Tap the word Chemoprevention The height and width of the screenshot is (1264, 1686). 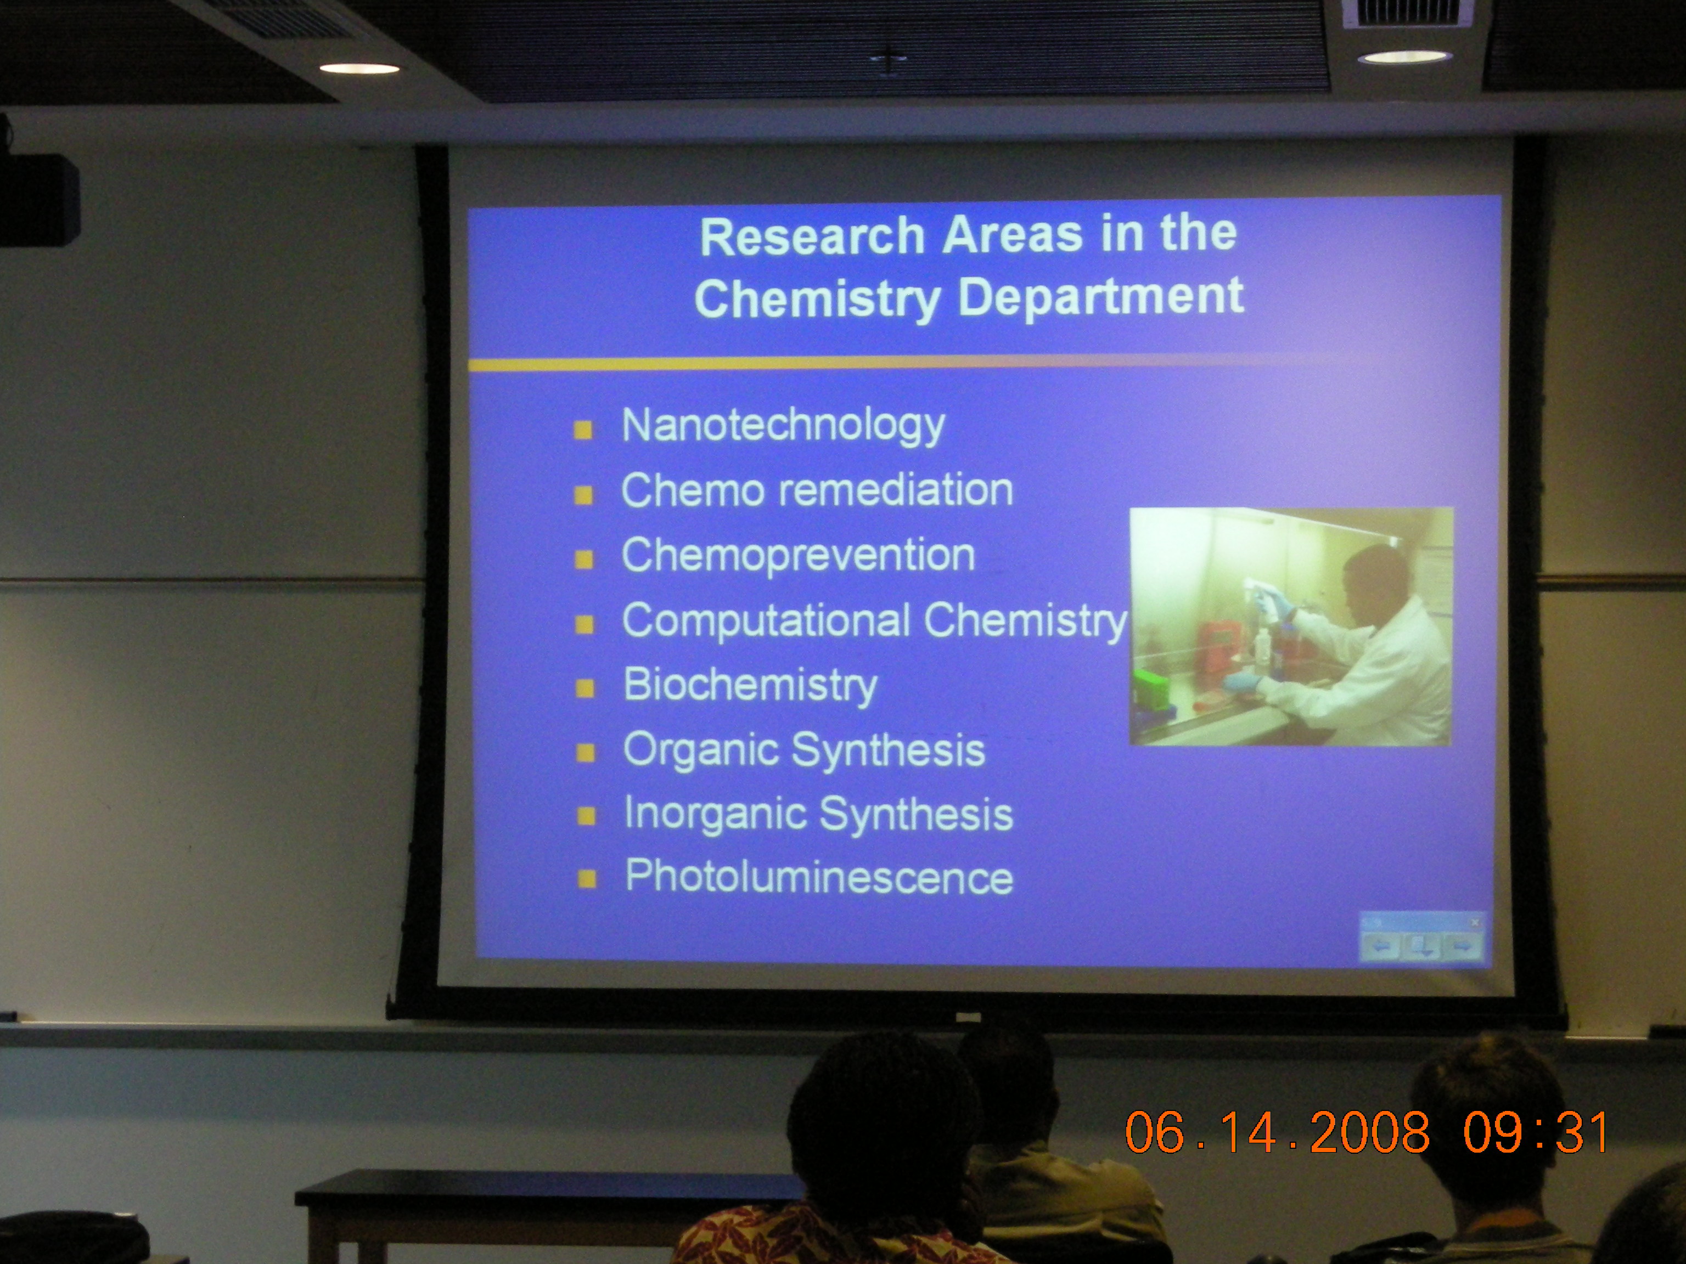[x=798, y=555]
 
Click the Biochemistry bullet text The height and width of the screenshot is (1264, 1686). [x=750, y=686]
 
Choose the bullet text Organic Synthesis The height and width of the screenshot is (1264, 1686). [x=804, y=751]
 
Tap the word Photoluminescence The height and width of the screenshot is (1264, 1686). [x=819, y=876]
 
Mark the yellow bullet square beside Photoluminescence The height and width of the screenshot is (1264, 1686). [x=587, y=880]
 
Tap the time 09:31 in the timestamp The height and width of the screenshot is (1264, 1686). [x=1536, y=1132]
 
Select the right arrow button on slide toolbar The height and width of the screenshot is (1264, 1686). [x=1462, y=947]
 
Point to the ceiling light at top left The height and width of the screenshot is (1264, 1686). [x=359, y=69]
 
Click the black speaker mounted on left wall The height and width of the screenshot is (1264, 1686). [x=38, y=200]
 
